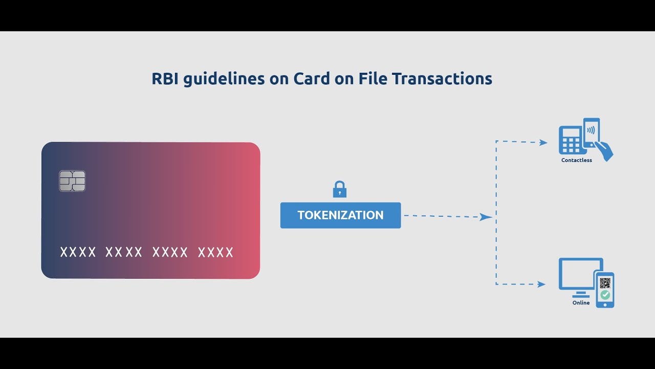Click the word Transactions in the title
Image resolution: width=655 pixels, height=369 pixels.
click(442, 79)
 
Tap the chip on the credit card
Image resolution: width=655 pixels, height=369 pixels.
click(72, 181)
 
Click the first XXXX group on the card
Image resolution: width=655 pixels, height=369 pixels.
click(78, 252)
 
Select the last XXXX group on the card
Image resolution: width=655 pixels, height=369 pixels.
click(215, 252)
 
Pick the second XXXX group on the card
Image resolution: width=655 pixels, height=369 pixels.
click(124, 252)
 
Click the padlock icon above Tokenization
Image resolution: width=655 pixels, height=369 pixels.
click(340, 189)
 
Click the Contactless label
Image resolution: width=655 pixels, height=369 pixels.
click(576, 160)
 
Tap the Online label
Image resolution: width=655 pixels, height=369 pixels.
click(581, 303)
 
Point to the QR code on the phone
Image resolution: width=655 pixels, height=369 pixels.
click(605, 282)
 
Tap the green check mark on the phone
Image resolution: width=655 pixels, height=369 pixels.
click(605, 295)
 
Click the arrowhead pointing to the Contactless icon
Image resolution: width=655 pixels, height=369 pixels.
click(544, 142)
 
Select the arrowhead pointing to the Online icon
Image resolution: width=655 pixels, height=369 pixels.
click(541, 284)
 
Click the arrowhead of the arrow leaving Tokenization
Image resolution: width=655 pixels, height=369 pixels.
click(486, 217)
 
